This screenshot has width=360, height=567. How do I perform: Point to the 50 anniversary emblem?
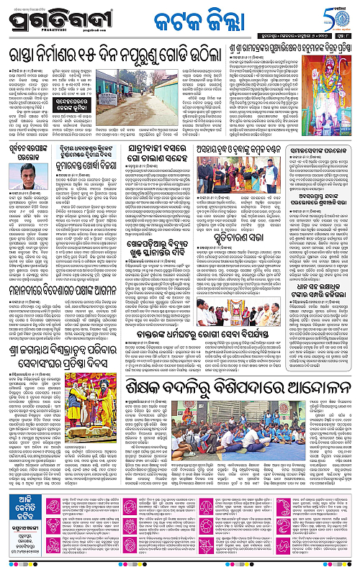(335, 17)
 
